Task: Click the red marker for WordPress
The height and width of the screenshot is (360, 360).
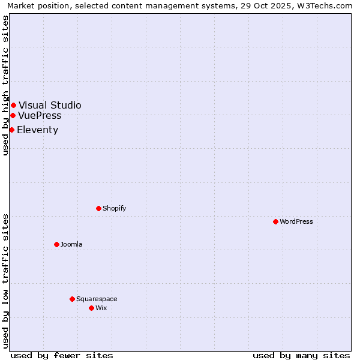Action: pyautogui.click(x=275, y=221)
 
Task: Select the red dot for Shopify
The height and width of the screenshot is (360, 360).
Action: pyautogui.click(x=98, y=208)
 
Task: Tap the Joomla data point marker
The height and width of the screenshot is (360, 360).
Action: pyautogui.click(x=56, y=244)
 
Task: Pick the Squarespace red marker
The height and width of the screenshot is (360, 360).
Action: pyautogui.click(x=72, y=299)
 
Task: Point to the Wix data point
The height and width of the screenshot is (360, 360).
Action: pyautogui.click(x=91, y=308)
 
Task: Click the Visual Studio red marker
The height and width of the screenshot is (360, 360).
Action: pyautogui.click(x=13, y=106)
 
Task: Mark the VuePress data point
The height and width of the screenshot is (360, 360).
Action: pyautogui.click(x=13, y=115)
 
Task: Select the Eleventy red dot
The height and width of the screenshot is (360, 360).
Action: pyautogui.click(x=11, y=130)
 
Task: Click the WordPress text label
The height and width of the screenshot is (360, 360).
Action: pyautogui.click(x=296, y=221)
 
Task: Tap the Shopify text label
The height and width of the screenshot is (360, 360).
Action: pyautogui.click(x=114, y=208)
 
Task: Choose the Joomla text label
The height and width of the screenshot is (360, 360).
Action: pyautogui.click(x=71, y=244)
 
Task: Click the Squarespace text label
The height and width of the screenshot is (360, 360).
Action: pyautogui.click(x=97, y=299)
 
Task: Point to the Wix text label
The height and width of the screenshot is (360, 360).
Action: pyautogui.click(x=101, y=308)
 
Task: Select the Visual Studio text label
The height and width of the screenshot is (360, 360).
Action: pyautogui.click(x=50, y=106)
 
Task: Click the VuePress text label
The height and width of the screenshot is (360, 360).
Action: pyautogui.click(x=40, y=115)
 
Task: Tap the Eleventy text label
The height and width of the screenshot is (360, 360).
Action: pyautogui.click(x=37, y=130)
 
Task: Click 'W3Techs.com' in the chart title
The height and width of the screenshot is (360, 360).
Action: pyautogui.click(x=327, y=5)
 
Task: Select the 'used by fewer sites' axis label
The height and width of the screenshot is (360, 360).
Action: pyautogui.click(x=62, y=355)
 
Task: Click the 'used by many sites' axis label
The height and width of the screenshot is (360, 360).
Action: pyautogui.click(x=301, y=355)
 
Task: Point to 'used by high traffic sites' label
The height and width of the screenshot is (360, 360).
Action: pyautogui.click(x=5, y=86)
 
